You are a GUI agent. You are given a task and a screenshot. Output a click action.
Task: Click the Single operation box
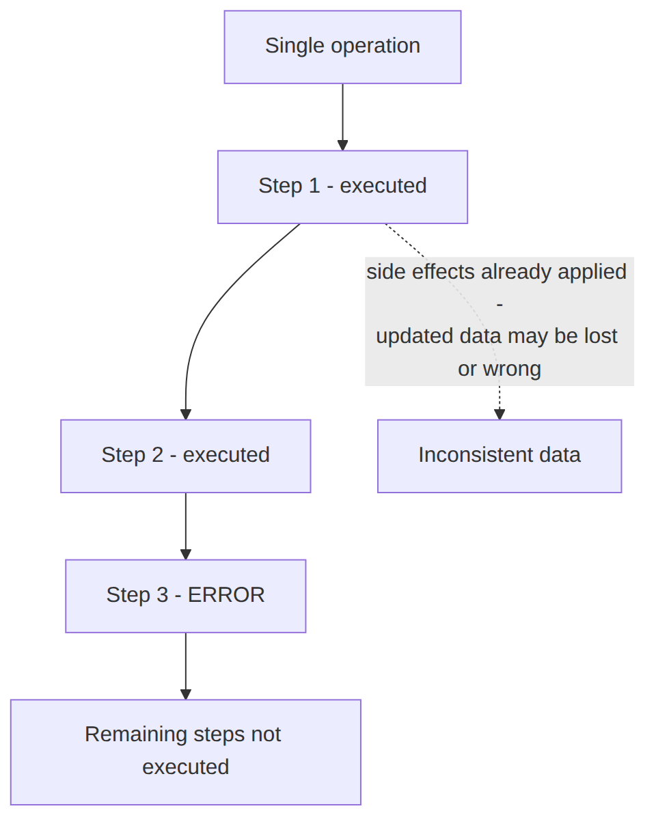pyautogui.click(x=342, y=47)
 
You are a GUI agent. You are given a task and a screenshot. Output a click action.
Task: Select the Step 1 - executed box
pyautogui.click(x=342, y=187)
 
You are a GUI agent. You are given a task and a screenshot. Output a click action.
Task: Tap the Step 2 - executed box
pyautogui.click(x=186, y=456)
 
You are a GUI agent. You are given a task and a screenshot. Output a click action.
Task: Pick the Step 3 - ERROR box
pyautogui.click(x=186, y=596)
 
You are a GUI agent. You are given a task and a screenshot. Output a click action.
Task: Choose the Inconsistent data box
pyautogui.click(x=500, y=456)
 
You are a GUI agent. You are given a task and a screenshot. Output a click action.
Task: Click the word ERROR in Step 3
pyautogui.click(x=226, y=595)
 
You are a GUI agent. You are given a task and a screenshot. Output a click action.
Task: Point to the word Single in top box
pyautogui.click(x=295, y=46)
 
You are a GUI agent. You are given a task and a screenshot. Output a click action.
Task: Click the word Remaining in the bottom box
pyautogui.click(x=136, y=735)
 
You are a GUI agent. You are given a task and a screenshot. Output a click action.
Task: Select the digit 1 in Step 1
pyautogui.click(x=314, y=186)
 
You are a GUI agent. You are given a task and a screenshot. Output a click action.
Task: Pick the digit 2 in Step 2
pyautogui.click(x=157, y=455)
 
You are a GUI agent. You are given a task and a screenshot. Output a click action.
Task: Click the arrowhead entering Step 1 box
pyautogui.click(x=342, y=146)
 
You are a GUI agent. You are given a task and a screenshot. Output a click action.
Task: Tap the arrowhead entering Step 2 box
pyautogui.click(x=186, y=415)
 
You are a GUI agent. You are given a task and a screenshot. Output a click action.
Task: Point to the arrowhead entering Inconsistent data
pyautogui.click(x=500, y=415)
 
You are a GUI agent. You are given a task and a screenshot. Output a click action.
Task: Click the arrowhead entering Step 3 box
pyautogui.click(x=186, y=555)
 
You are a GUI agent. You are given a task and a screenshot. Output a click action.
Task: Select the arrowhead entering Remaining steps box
pyautogui.click(x=186, y=695)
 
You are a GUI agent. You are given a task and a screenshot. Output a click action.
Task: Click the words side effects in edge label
pyautogui.click(x=421, y=272)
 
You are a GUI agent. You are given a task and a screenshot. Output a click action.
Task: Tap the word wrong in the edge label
pyautogui.click(x=512, y=370)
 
